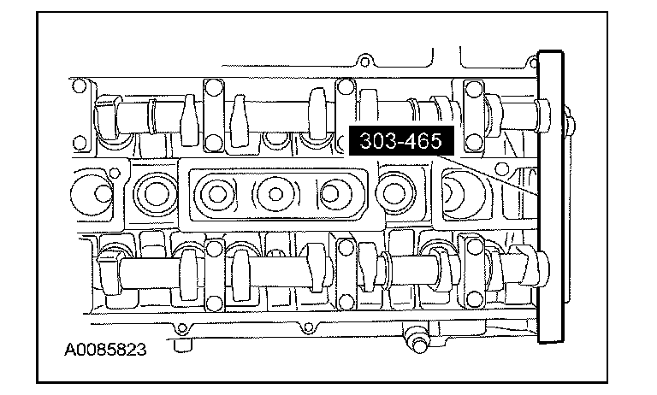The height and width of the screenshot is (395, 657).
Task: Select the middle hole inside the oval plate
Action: point(275,194)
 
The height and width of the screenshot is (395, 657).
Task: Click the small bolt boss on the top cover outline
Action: point(364,60)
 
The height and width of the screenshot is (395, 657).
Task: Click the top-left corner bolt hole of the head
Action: point(79,85)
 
